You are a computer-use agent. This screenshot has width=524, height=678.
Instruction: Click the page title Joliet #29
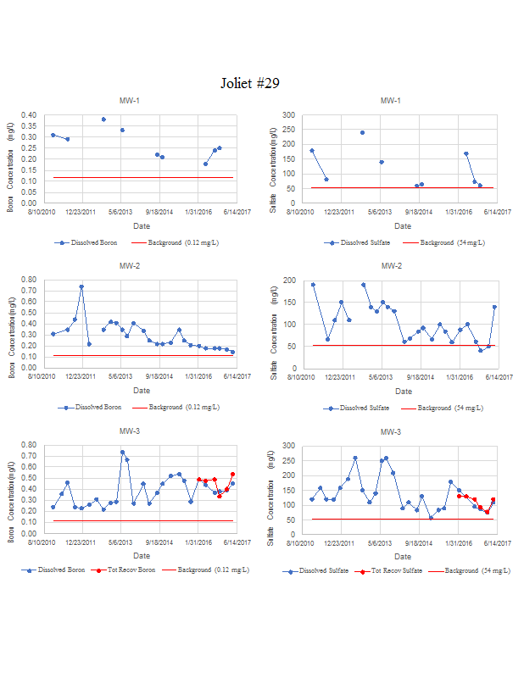250,83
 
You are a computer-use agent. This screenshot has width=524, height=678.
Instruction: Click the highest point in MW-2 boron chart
81,286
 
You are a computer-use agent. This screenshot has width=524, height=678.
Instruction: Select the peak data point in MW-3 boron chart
122,453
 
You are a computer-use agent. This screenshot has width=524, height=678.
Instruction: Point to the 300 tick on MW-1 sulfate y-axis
289,114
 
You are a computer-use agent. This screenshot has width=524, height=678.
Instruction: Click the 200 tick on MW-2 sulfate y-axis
289,280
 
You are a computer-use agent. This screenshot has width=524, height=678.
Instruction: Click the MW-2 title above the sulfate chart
391,265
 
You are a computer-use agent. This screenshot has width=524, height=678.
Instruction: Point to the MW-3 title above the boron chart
130,431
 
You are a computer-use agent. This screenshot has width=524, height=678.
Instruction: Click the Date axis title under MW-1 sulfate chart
403,226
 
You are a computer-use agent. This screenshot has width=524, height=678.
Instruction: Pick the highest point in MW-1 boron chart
103,119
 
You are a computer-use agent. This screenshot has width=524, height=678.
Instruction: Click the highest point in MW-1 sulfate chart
362,132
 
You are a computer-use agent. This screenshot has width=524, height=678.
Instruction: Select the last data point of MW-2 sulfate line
494,307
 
